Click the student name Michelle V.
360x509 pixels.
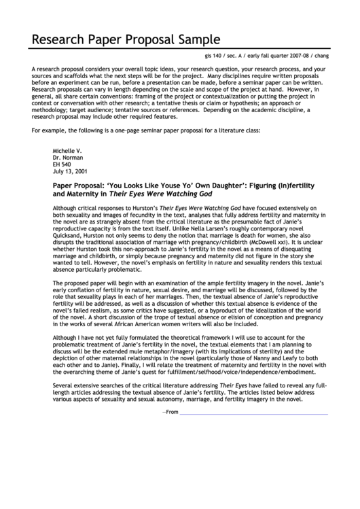67,149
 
